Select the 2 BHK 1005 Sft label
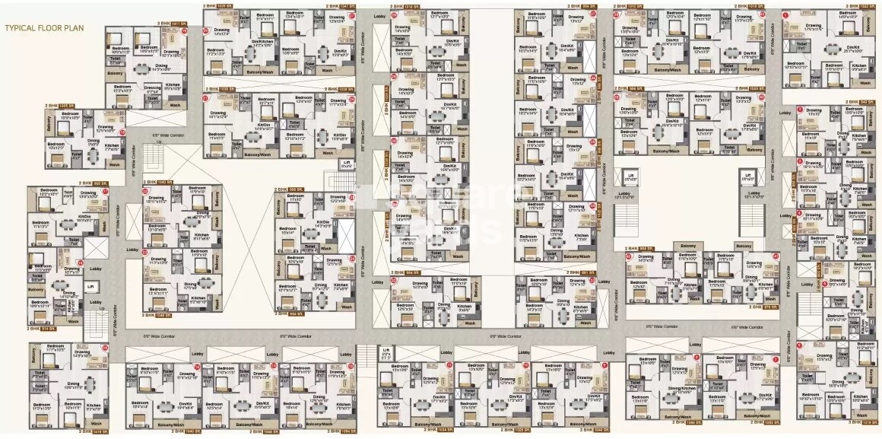(x=61, y=106)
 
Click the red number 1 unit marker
(x=785, y=14)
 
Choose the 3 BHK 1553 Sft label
(x=861, y=6)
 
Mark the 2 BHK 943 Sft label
(x=861, y=102)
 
